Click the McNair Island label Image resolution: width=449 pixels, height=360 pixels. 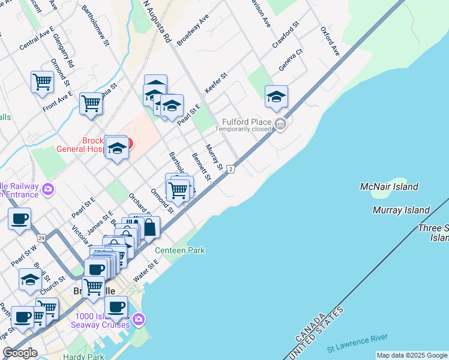click(x=390, y=187)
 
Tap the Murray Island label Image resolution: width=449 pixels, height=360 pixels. click(x=401, y=210)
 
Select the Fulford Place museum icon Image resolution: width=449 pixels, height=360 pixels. click(x=280, y=125)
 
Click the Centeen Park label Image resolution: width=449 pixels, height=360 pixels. click(x=180, y=250)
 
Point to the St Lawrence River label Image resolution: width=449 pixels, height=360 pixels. click(x=357, y=343)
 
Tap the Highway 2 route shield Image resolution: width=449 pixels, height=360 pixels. click(x=231, y=170)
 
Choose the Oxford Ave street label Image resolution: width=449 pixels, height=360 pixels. click(x=330, y=41)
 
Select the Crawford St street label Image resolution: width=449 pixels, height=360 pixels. click(x=285, y=36)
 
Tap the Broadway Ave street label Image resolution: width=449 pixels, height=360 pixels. click(x=193, y=30)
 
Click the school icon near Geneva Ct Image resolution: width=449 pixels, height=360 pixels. click(x=276, y=97)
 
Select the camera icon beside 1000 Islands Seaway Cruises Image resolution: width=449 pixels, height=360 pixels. click(x=139, y=318)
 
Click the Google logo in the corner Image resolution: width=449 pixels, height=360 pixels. click(x=20, y=353)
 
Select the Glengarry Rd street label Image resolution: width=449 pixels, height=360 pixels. click(x=63, y=50)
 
